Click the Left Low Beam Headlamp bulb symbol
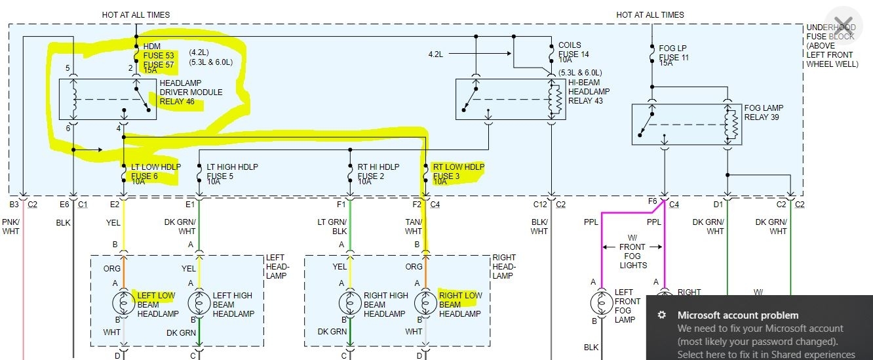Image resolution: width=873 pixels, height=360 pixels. click(x=124, y=304)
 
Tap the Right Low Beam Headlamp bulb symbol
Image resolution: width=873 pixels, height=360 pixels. click(x=426, y=304)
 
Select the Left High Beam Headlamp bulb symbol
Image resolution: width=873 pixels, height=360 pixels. click(x=199, y=304)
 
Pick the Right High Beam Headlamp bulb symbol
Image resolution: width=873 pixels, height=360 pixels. click(x=350, y=304)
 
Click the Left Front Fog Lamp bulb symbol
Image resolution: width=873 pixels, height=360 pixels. click(x=601, y=304)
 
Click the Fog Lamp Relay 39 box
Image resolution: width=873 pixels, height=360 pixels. click(x=686, y=124)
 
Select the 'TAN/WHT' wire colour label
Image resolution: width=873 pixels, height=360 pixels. click(x=414, y=227)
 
